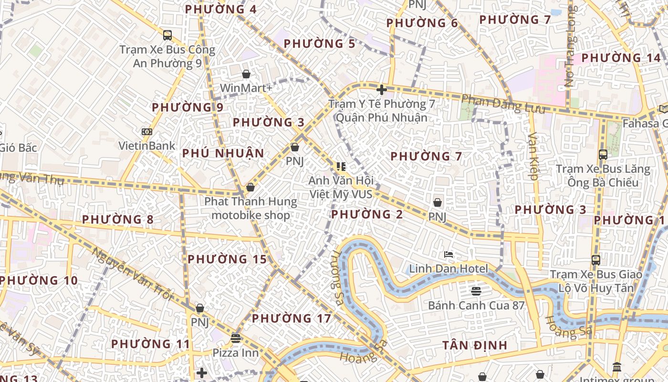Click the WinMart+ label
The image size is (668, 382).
[246, 88]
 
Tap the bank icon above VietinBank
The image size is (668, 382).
[147, 132]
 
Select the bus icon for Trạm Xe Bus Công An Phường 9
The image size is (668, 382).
[167, 35]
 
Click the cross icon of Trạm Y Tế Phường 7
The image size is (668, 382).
[381, 89]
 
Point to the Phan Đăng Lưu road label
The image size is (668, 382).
[503, 104]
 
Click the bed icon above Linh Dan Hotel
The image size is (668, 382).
[448, 255]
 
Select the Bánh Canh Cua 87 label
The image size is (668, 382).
[476, 306]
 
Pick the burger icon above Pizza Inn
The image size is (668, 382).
[235, 339]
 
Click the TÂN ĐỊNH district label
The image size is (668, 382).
[474, 345]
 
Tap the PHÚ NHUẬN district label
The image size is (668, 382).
[223, 153]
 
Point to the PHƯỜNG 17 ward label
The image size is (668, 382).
[291, 318]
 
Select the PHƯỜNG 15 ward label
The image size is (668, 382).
[227, 259]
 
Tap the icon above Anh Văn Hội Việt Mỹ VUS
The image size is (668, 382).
[341, 167]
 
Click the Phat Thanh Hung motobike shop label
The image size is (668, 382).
[250, 208]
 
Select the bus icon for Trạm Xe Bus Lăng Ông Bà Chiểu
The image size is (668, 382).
[603, 155]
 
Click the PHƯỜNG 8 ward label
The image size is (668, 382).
[117, 220]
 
